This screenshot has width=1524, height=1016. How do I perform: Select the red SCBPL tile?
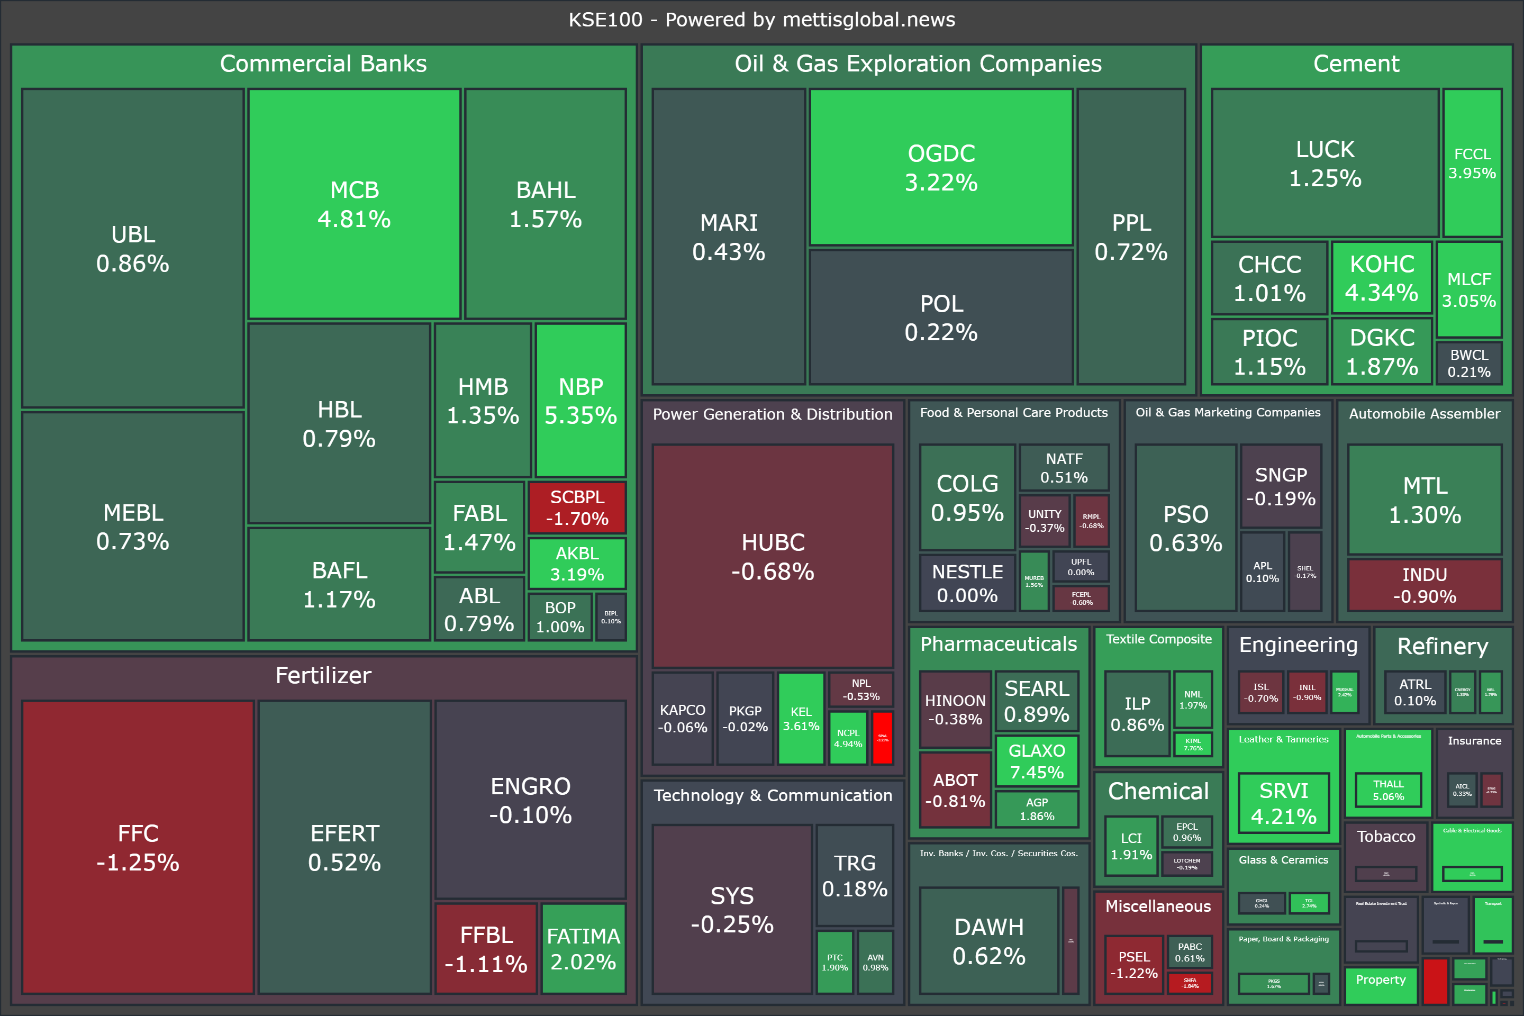[577, 507]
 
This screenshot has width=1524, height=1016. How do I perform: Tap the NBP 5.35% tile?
[580, 401]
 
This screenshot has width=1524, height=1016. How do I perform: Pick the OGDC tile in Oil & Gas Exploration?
[941, 167]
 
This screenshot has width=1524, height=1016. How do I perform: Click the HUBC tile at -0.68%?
[773, 556]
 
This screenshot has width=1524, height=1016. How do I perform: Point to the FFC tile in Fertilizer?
[138, 847]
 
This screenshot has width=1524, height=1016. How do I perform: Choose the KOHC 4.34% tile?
[1382, 278]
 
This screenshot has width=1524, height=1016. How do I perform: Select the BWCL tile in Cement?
[1469, 363]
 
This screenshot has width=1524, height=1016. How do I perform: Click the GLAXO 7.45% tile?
[1037, 761]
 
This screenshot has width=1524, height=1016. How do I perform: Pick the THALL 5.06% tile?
[1388, 790]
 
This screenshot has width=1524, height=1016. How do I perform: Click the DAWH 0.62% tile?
[989, 941]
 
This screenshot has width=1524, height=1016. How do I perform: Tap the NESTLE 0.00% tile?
[967, 583]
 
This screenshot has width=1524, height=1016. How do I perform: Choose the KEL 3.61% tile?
[801, 719]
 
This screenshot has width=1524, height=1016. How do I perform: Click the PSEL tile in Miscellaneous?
[1133, 964]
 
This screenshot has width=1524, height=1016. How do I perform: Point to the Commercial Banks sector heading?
[323, 63]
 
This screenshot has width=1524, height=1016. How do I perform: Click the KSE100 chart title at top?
[761, 20]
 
